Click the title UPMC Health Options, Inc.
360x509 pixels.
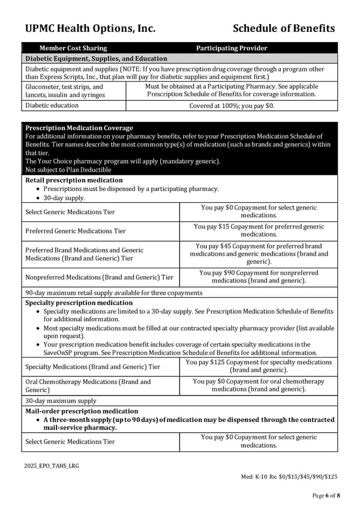click(x=91, y=28)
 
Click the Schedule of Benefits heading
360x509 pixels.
click(x=283, y=28)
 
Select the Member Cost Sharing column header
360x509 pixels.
click(x=73, y=48)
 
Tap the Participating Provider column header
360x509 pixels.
click(x=232, y=48)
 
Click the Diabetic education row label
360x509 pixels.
click(x=52, y=106)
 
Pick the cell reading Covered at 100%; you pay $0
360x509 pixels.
click(x=232, y=106)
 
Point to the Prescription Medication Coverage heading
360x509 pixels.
click(x=79, y=128)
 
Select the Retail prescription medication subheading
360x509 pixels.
click(x=74, y=180)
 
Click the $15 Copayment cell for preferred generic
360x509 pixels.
click(x=259, y=230)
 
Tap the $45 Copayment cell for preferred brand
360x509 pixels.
click(x=259, y=254)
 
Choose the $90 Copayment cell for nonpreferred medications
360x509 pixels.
click(x=259, y=277)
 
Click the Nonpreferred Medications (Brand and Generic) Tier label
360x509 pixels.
click(x=99, y=277)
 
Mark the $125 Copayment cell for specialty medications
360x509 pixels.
click(x=259, y=366)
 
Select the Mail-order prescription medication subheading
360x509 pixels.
click(x=82, y=411)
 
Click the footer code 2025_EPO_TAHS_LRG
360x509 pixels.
click(x=52, y=465)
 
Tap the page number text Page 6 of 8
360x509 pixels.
click(x=325, y=495)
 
